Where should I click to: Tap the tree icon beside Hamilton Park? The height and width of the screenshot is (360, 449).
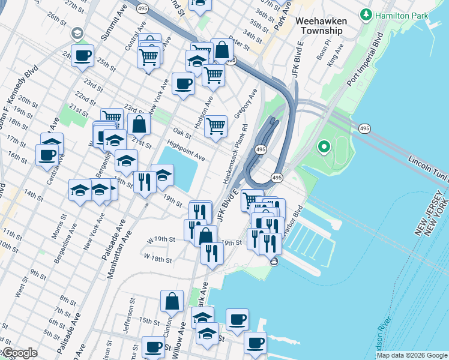click(x=364, y=14)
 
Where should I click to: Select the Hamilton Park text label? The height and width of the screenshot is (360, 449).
click(x=397, y=14)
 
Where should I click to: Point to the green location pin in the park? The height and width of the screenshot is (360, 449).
click(x=324, y=146)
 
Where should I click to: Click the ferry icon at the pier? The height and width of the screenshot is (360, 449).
click(x=274, y=261)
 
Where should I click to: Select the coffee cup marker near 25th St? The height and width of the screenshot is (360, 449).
click(x=83, y=56)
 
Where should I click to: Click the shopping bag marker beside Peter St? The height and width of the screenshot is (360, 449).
click(x=221, y=50)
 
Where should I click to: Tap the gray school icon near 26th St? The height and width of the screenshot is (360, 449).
click(x=77, y=33)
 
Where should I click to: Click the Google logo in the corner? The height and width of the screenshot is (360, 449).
click(x=19, y=353)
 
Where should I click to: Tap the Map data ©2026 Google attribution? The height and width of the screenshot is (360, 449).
click(x=412, y=355)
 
